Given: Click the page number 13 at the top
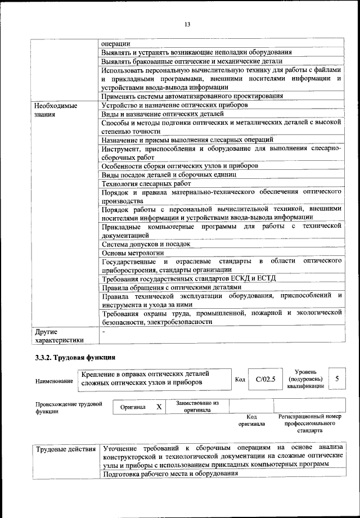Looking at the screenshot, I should [x=187, y=24].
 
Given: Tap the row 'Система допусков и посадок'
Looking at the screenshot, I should [x=146, y=244].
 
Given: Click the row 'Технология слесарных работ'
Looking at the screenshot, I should [x=146, y=183].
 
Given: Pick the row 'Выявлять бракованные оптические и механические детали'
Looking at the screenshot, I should [x=192, y=61].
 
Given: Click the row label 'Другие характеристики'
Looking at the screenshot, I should [x=58, y=336].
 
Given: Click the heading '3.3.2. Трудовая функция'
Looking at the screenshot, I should [x=75, y=357].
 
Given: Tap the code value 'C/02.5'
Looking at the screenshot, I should [x=265, y=379].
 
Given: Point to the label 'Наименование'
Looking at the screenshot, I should [x=54, y=381].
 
